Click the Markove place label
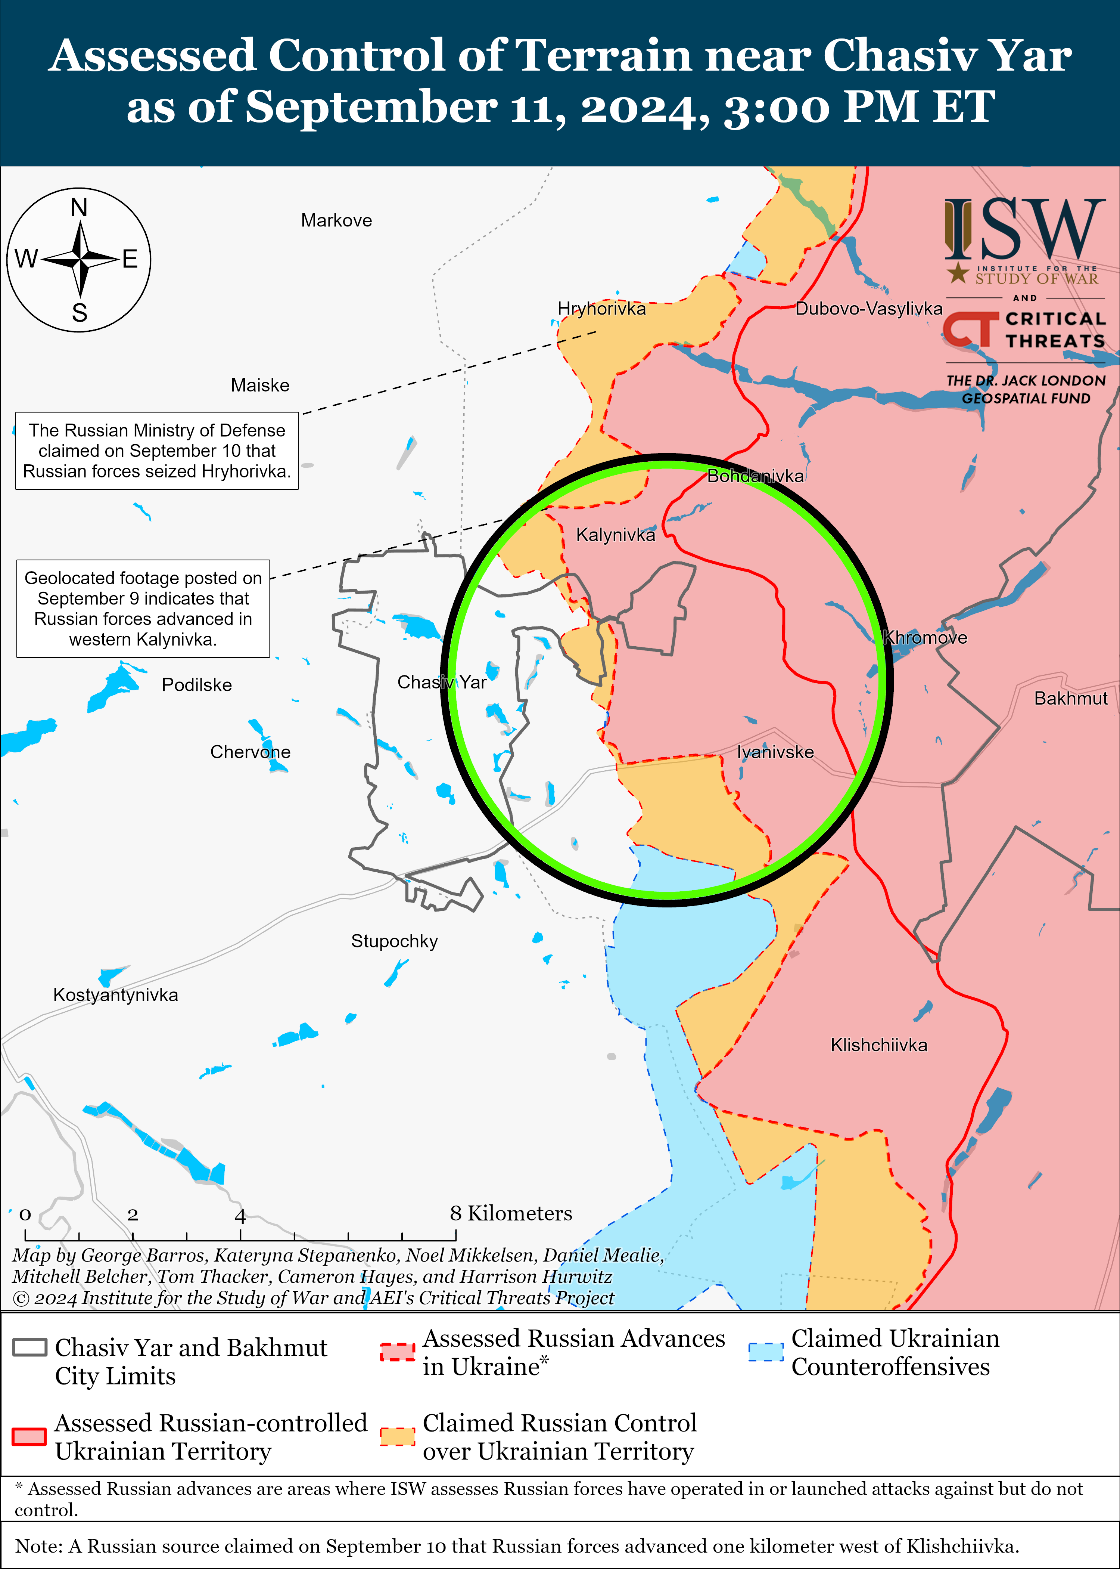pyautogui.click(x=336, y=221)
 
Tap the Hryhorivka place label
pyautogui.click(x=601, y=309)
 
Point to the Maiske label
pyautogui.click(x=260, y=386)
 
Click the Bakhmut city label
pyautogui.click(x=1070, y=699)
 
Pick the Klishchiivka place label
pyautogui.click(x=878, y=1045)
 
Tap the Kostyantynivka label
pyautogui.click(x=116, y=995)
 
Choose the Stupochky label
pyautogui.click(x=395, y=941)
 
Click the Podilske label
pyautogui.click(x=196, y=685)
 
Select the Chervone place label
pyautogui.click(x=251, y=752)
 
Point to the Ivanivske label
pyautogui.click(x=775, y=752)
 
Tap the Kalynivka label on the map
pyautogui.click(x=615, y=535)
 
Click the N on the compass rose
pyautogui.click(x=79, y=208)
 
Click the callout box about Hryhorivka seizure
pyautogui.click(x=157, y=451)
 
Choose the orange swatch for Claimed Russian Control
pyautogui.click(x=397, y=1437)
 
